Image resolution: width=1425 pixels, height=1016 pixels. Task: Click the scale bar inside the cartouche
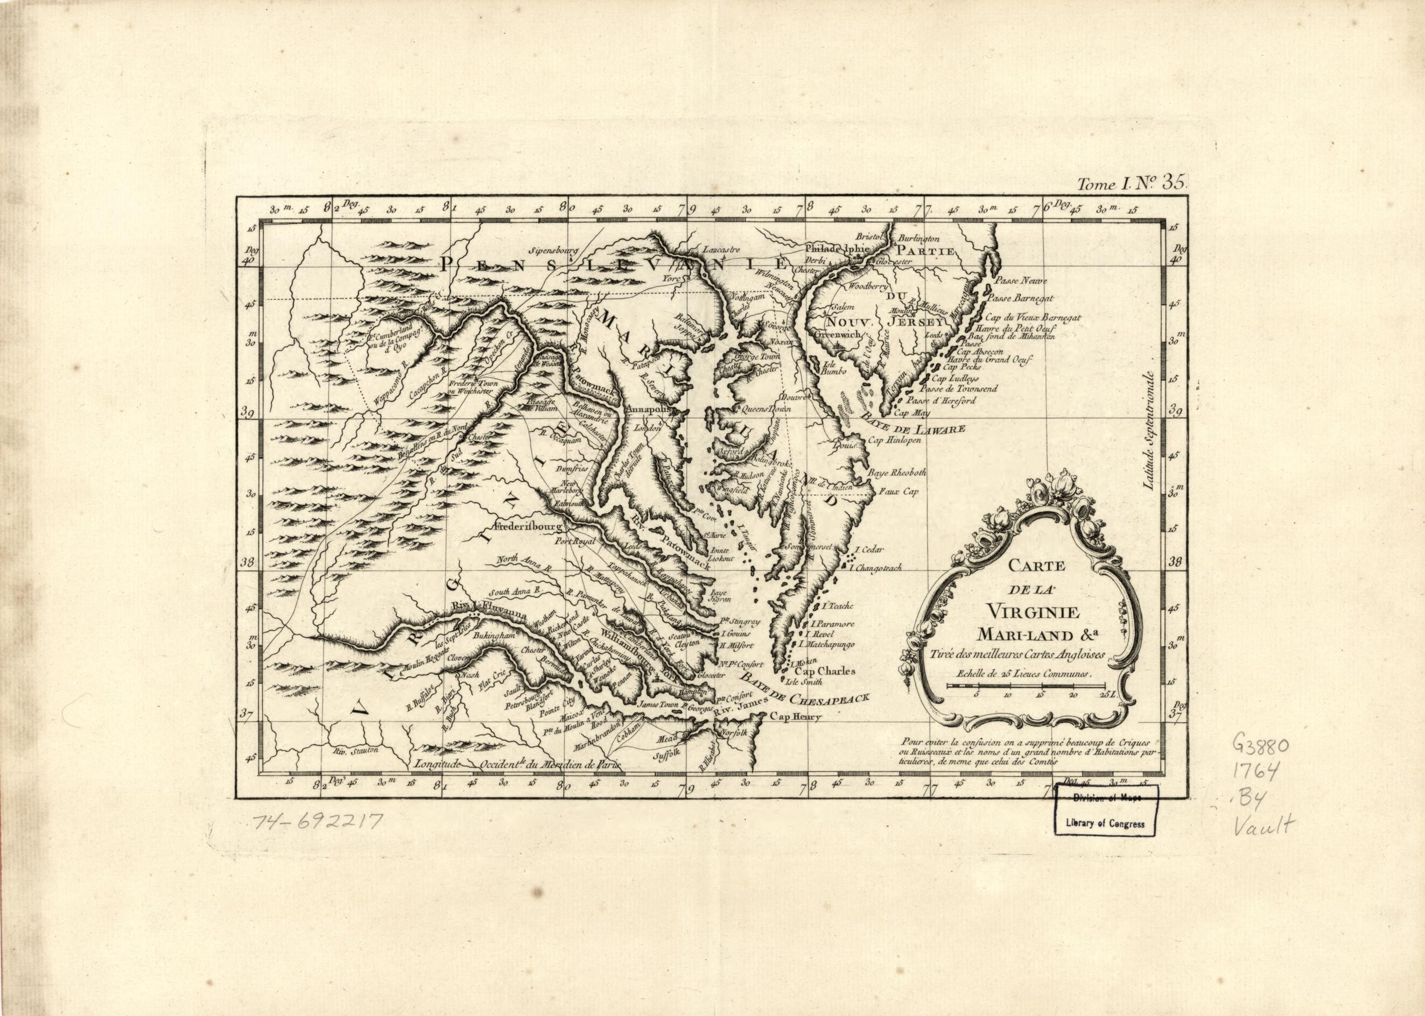pos(1026,686)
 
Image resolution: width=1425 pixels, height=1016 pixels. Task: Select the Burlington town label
pos(919,238)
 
